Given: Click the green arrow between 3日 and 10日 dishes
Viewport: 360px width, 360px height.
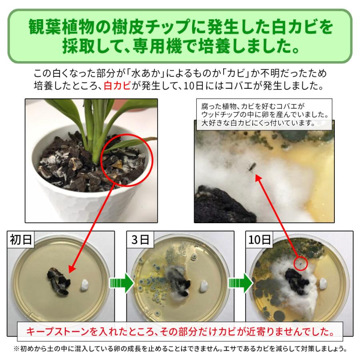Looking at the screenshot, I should (239, 283).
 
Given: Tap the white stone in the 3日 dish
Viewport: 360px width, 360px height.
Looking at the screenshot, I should (203, 285).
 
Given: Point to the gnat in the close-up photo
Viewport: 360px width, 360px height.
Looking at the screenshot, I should (251, 166).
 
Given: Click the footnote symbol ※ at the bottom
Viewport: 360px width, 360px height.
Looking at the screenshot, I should (17, 348).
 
